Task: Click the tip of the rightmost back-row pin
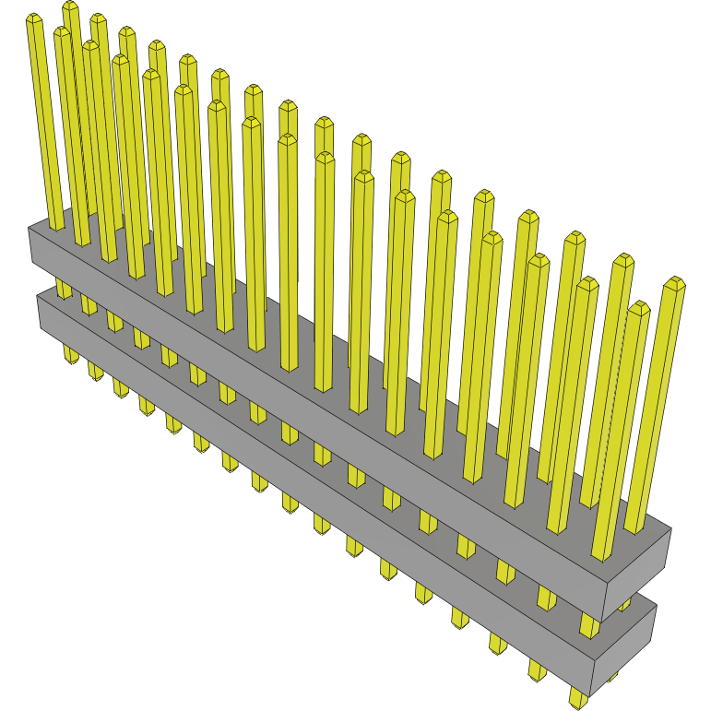coord(674,282)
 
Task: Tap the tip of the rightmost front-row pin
coord(639,308)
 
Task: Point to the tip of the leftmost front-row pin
coord(34,19)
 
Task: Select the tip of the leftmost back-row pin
coord(70,7)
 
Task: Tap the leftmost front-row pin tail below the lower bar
coord(71,354)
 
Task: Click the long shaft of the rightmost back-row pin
coord(656,406)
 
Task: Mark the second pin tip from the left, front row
coord(62,32)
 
